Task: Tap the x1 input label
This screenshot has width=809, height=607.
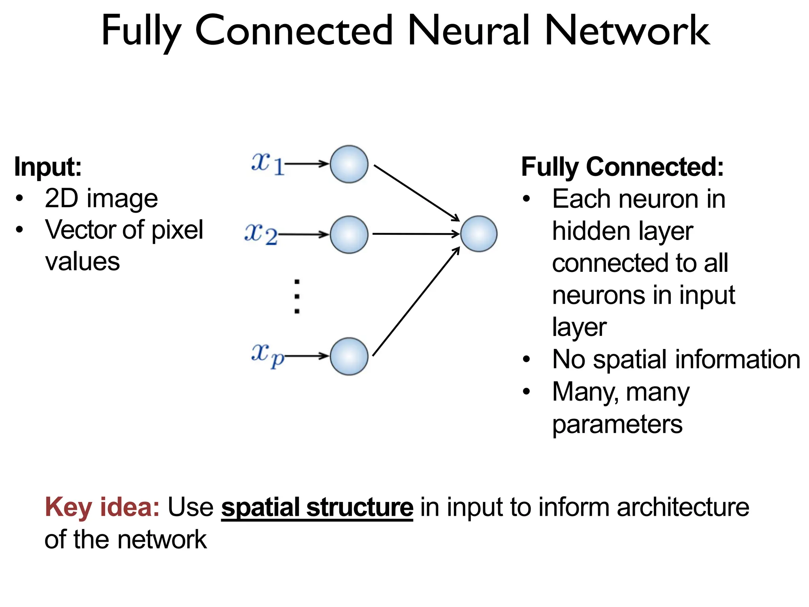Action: point(267,163)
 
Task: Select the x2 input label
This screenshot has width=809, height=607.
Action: point(261,234)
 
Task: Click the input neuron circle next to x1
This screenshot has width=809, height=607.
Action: point(349,164)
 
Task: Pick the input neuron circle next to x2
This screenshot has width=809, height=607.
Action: point(349,234)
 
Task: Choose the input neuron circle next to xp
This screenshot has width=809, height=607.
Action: point(349,356)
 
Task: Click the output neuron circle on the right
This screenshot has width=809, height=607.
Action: point(478,234)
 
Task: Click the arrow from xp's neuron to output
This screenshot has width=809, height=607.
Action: point(416,302)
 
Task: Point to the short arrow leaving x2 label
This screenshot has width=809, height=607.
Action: point(303,235)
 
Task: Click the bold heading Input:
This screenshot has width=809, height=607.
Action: point(48,167)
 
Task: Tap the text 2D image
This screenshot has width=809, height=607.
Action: point(101,198)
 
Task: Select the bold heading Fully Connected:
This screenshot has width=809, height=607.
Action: point(622,167)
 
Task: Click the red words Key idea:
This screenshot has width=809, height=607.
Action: point(102,507)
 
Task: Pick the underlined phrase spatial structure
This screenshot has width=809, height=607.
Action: point(317,507)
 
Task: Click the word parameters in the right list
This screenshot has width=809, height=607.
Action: point(617,424)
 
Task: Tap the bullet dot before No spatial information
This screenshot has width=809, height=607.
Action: point(526,360)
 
